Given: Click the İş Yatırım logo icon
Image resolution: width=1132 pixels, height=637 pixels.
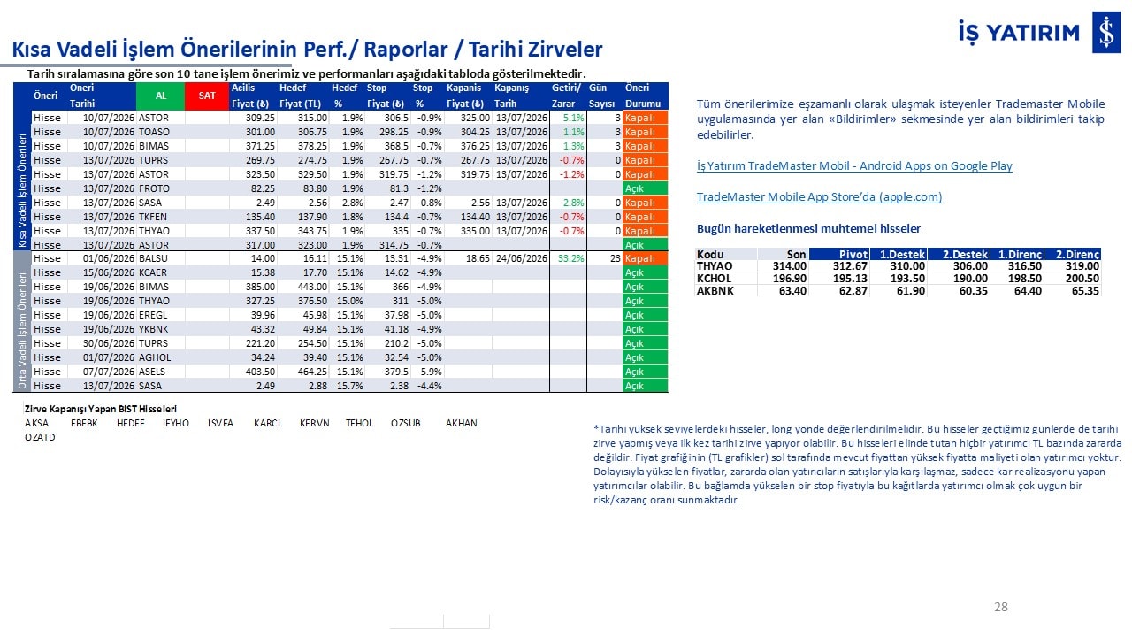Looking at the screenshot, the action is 1106,33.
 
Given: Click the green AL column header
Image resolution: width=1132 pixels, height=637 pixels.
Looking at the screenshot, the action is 160,96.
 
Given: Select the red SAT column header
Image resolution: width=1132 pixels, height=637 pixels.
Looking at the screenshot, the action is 207,96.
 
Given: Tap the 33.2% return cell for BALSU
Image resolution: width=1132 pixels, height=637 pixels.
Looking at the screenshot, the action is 570,258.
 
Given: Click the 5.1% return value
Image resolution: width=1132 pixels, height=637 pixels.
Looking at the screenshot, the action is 574,118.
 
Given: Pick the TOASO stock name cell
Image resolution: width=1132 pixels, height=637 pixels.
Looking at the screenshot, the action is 154,132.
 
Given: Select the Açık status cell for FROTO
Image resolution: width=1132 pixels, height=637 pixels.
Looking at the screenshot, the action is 645,188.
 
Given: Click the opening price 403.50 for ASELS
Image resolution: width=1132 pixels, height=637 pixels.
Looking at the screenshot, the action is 260,372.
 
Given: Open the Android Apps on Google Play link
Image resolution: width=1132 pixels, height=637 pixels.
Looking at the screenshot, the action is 854,165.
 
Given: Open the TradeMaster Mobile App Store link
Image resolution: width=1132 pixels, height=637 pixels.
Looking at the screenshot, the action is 819,196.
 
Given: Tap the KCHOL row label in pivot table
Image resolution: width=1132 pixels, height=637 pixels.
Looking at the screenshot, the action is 714,279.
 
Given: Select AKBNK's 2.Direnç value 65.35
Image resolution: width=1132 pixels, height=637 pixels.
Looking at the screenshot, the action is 1085,291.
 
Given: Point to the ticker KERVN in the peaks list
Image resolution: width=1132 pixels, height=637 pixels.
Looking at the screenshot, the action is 314,423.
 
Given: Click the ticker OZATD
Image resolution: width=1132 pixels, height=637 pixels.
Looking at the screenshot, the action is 40,437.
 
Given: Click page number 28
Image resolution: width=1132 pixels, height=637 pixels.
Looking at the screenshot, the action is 1000,607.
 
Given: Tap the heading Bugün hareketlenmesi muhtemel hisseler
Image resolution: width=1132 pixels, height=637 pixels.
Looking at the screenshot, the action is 808,228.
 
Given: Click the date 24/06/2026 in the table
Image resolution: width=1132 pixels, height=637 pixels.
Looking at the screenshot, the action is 522,258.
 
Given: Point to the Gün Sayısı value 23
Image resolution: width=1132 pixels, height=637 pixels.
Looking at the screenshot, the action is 615,258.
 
